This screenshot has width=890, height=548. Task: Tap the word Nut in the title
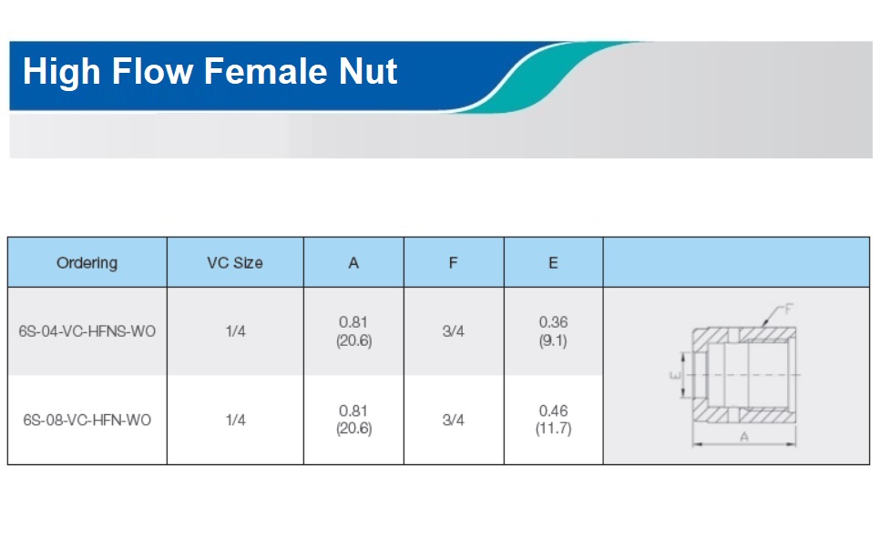point(368,72)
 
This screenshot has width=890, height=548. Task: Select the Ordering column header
point(87,263)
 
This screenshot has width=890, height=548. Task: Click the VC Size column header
point(235,263)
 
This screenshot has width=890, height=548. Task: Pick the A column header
point(353,263)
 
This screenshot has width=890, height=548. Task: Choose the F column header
point(453,263)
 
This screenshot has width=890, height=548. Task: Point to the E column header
point(553,263)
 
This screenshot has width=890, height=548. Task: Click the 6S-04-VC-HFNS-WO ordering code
point(87,331)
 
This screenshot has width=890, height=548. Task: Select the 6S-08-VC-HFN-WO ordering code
point(87,421)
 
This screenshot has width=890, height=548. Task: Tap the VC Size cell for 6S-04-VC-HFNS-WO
point(235,331)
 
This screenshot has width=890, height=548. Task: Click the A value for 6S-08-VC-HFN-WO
point(353,420)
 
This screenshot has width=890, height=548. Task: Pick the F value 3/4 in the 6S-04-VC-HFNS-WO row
point(453,331)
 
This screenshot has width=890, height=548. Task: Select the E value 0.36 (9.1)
point(553,331)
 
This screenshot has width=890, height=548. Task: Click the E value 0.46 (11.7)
point(553,420)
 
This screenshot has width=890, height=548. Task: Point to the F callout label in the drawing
point(788,310)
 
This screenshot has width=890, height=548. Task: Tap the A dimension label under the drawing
point(744,437)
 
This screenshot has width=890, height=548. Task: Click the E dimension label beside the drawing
point(675,375)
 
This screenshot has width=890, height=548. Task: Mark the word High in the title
point(61,72)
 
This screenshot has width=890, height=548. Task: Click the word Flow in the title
point(152,72)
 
